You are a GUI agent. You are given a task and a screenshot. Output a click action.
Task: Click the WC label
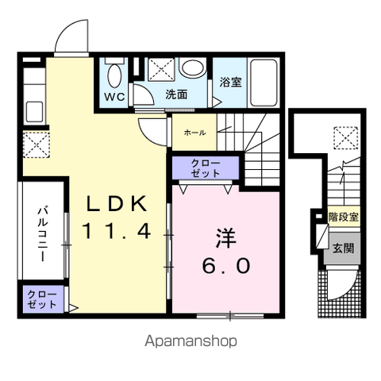coord(114,97)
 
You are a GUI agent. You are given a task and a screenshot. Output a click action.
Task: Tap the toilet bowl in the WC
coord(114,75)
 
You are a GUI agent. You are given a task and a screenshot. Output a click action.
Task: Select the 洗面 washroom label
coord(176,94)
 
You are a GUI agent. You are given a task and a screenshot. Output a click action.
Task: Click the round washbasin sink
coord(193,67)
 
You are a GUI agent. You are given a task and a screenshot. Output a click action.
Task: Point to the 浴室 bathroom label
coord(230,82)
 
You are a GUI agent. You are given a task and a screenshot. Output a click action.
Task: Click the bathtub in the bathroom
coord(264,83)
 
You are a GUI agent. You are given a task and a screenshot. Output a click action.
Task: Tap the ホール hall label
coord(194,133)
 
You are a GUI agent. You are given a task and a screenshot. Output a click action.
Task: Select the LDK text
coord(116,203)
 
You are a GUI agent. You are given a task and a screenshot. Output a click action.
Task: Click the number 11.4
coord(117,230)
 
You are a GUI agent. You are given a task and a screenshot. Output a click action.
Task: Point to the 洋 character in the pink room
coord(226,238)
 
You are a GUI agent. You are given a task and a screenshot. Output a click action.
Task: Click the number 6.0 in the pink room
coord(226,266)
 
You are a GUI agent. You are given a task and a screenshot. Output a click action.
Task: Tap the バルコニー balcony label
coord(43,234)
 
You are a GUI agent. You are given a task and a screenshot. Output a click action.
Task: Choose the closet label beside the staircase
coord(206,168)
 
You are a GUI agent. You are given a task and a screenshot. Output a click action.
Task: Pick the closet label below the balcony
coord(42,300)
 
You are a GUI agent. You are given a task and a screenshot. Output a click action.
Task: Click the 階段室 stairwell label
coord(344,217)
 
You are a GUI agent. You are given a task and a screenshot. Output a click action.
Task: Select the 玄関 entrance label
coord(343,248)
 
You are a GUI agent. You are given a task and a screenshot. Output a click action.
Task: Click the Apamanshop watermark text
coord(190,341)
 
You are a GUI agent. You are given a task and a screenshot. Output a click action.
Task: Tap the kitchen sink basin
coord(34,112)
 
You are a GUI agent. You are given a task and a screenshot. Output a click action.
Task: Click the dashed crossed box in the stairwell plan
coord(345,138)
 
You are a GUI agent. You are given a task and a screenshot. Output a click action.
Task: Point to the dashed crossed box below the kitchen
coord(37,144)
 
